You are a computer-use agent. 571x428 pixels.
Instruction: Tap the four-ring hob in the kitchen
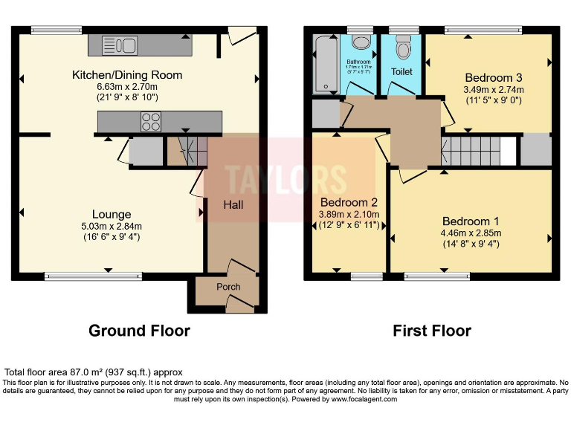pos(151,121)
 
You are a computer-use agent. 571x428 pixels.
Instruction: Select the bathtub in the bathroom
pos(326,65)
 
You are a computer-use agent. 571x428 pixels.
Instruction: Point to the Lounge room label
pos(111,215)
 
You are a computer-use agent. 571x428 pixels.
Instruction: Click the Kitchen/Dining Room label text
pos(126,75)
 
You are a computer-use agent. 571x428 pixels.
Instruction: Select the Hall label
pos(234,204)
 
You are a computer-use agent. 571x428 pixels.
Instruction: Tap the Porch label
pos(228,287)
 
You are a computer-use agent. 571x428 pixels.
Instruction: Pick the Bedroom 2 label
pos(349,202)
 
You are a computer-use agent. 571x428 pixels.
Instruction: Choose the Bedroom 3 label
pos(493,77)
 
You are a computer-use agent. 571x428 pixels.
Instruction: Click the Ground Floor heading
pos(139,331)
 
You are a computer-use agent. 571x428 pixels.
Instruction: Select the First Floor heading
pos(432,331)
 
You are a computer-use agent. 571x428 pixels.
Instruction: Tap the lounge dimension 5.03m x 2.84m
pos(112,227)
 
